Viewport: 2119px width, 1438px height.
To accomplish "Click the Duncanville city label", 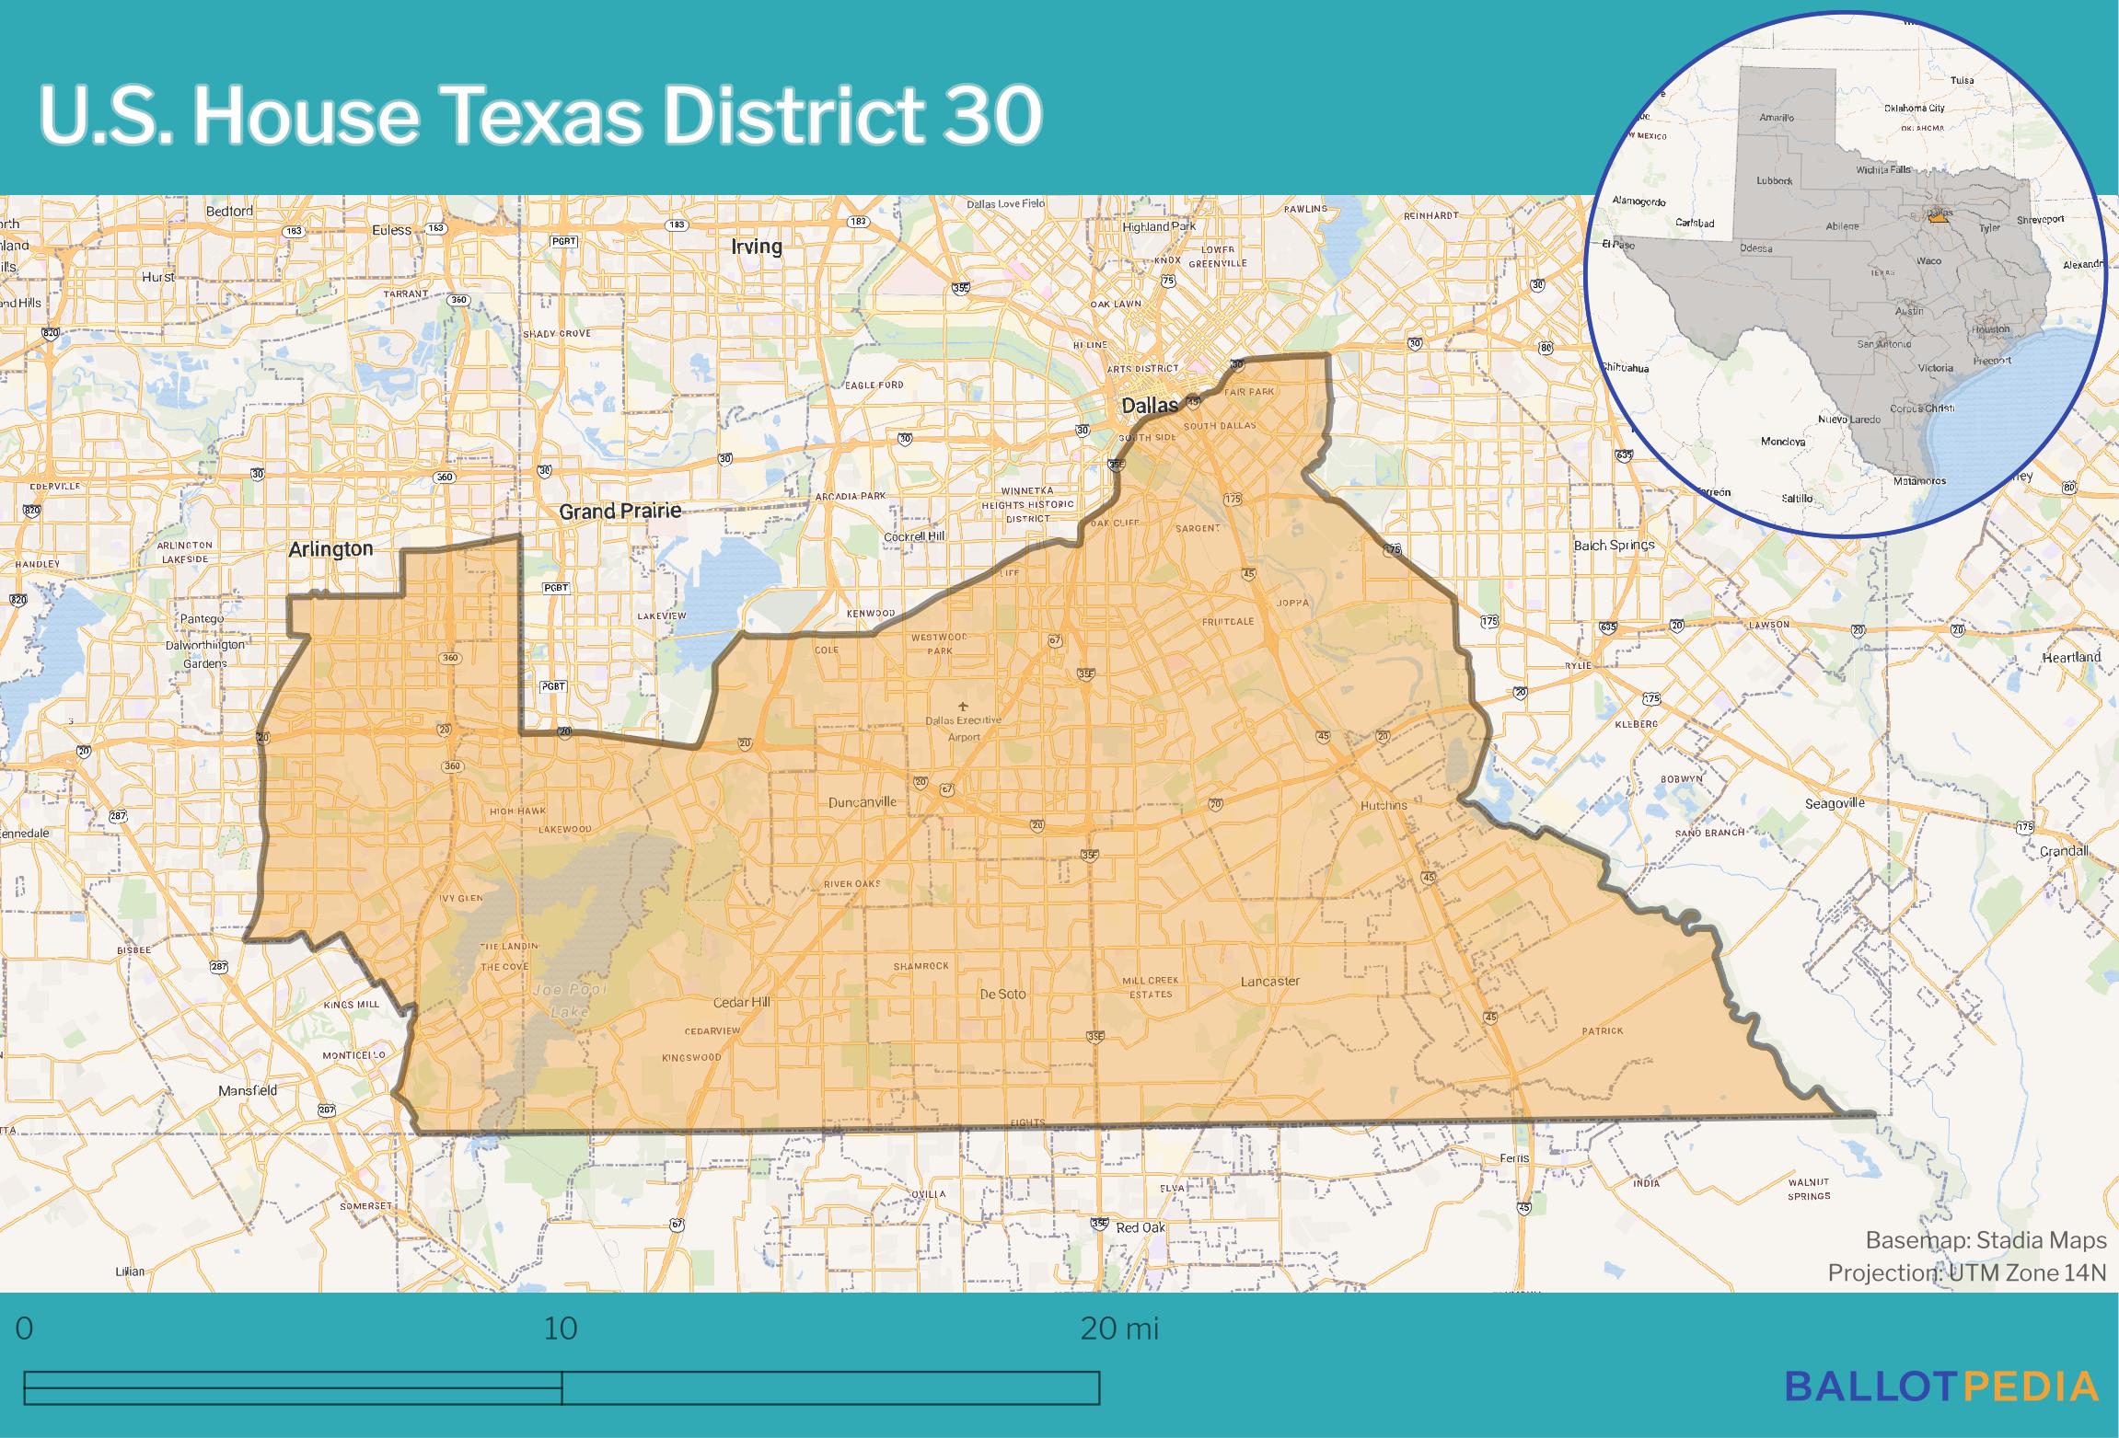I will pos(862,801).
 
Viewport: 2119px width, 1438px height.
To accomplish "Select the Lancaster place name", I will pos(1269,981).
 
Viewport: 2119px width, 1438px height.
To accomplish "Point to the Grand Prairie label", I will pos(620,511).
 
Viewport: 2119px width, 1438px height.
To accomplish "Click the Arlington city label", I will pos(330,549).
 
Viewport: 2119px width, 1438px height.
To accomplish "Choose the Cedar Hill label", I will pos(741,1002).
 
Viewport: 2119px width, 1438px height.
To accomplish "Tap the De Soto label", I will pos(1002,994).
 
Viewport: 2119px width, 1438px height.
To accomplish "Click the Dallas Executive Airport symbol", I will pos(964,706).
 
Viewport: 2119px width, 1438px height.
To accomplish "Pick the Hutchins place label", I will pos(1384,805).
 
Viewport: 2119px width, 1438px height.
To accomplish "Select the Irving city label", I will pos(756,247).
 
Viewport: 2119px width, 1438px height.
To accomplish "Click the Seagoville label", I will pos(1835,803).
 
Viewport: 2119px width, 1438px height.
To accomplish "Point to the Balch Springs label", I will pos(1614,545).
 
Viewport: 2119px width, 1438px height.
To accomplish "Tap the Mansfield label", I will pos(248,1090).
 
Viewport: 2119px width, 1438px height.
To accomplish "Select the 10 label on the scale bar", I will pos(561,1329).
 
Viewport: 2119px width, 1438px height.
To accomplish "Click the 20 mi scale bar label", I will pos(1118,1329).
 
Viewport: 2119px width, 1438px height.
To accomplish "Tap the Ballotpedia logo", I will pos(1942,1386).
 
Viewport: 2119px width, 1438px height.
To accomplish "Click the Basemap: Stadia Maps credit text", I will pos(1986,1240).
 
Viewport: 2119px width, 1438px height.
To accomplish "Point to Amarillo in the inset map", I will pos(1776,118).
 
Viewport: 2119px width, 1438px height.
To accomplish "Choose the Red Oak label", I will pos(1141,1227).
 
